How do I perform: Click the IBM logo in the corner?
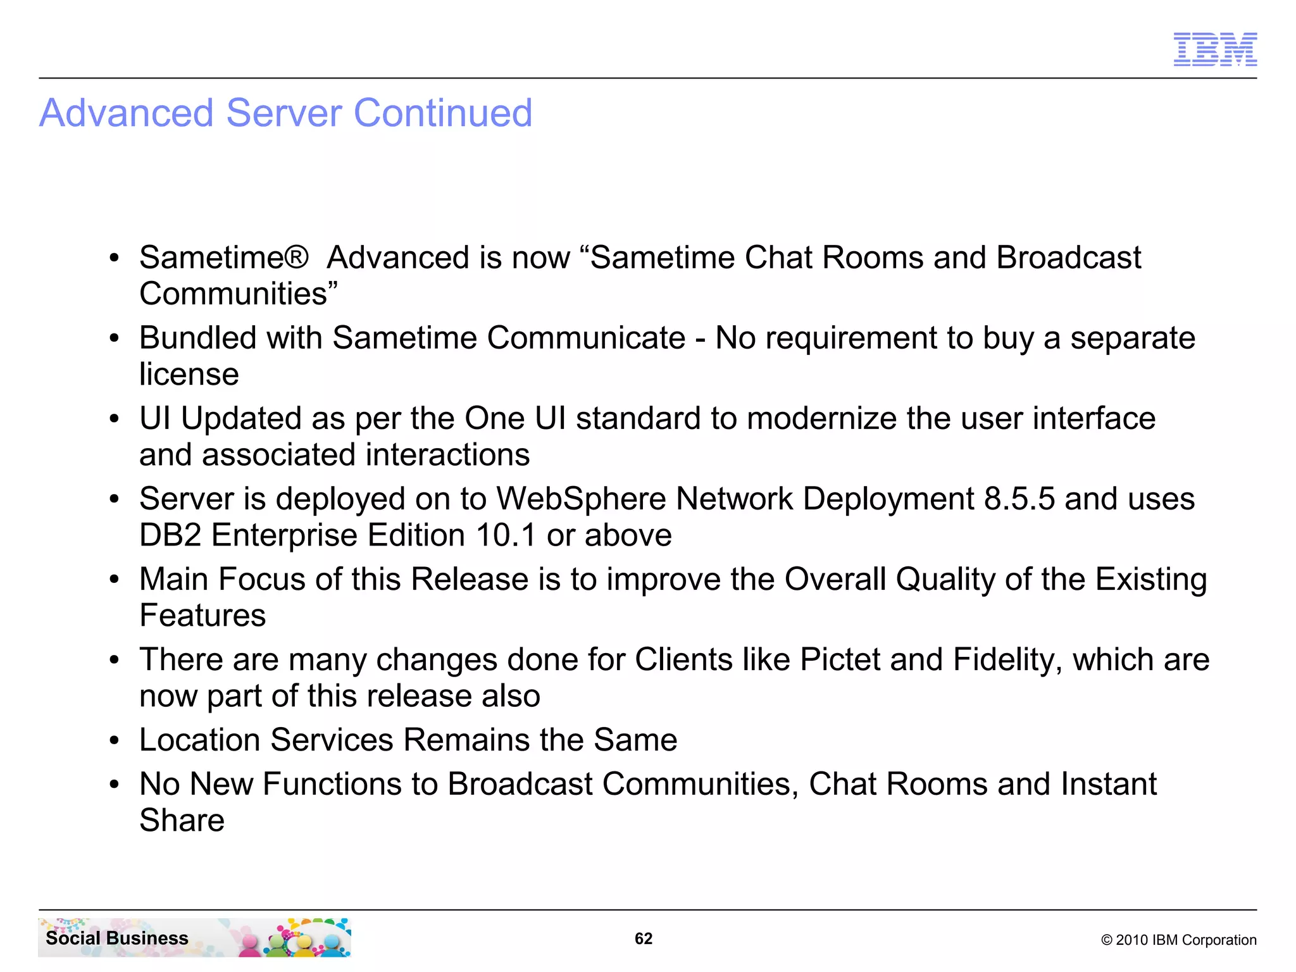click(1215, 49)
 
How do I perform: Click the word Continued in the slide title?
click(442, 113)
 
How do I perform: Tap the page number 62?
click(643, 938)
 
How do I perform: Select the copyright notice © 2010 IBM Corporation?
click(1178, 940)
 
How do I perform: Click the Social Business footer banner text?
click(117, 938)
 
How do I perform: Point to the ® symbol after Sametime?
click(296, 258)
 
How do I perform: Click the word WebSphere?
click(581, 499)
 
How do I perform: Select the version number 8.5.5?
click(1019, 499)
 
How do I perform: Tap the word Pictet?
click(840, 659)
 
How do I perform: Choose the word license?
click(189, 374)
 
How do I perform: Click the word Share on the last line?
click(182, 820)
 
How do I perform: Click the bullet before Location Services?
click(114, 740)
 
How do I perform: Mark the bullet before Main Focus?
click(114, 580)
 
